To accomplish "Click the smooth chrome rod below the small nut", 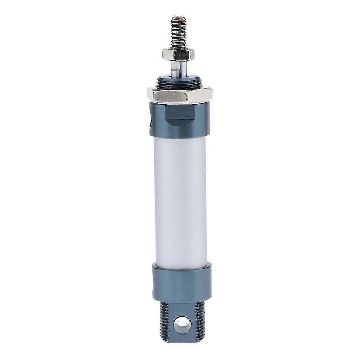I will pyautogui.click(x=180, y=67).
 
